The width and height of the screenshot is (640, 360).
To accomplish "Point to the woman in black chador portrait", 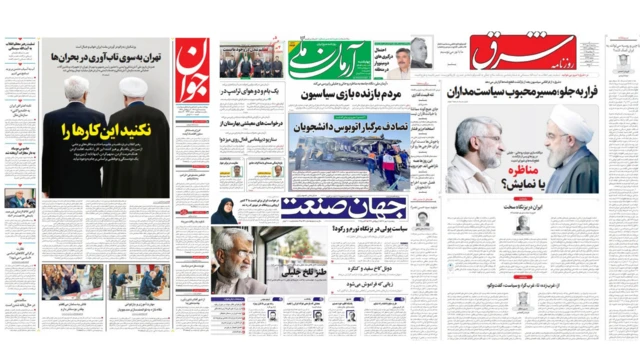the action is tap(224, 211).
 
